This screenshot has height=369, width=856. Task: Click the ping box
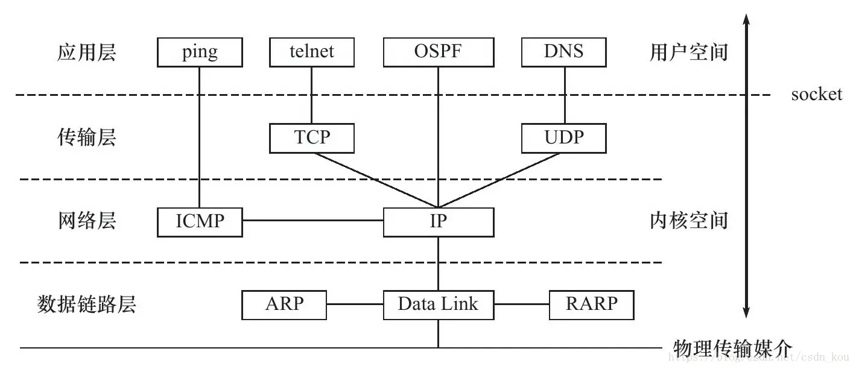(x=200, y=52)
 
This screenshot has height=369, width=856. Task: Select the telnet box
(x=311, y=52)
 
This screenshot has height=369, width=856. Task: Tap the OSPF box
(x=438, y=52)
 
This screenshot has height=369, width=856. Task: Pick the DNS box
(x=563, y=52)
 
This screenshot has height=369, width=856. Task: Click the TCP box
(x=312, y=138)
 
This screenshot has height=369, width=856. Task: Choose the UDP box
(x=563, y=138)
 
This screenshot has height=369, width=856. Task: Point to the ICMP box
(x=200, y=222)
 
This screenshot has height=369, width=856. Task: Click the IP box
(x=439, y=222)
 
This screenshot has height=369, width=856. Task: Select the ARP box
(x=284, y=304)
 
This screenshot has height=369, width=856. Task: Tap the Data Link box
(x=439, y=304)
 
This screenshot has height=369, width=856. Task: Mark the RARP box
(x=591, y=304)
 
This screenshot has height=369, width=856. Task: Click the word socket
(x=816, y=95)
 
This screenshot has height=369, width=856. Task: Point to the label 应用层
(x=86, y=53)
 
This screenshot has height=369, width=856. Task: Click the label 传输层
(x=86, y=138)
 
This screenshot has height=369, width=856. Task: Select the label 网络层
(x=86, y=221)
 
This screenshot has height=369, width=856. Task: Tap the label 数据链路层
(x=86, y=304)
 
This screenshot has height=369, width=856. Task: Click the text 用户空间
(x=688, y=53)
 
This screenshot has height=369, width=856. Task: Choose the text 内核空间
(x=688, y=221)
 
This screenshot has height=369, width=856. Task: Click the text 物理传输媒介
(x=731, y=348)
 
